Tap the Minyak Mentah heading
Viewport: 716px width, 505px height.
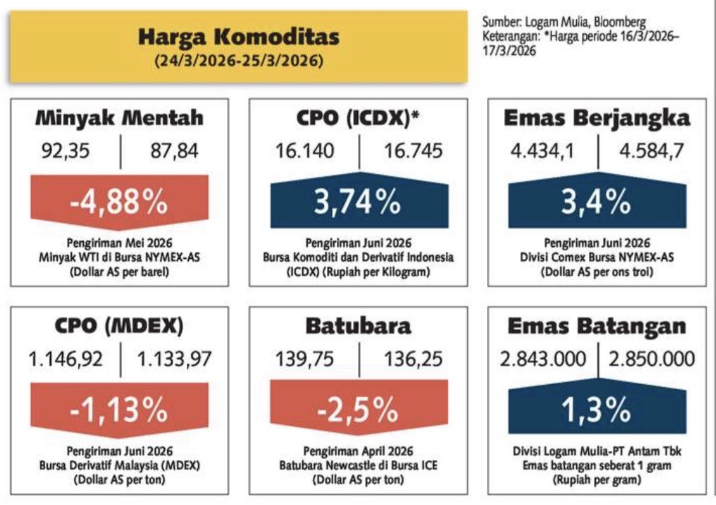pyautogui.click(x=120, y=118)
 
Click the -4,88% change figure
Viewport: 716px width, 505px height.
pyautogui.click(x=120, y=202)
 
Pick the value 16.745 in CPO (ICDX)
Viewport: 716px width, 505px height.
pyautogui.click(x=413, y=151)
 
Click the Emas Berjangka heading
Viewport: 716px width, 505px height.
pyautogui.click(x=597, y=118)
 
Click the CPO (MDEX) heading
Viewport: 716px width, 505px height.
pyautogui.click(x=120, y=326)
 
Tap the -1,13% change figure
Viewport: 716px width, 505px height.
pyautogui.click(x=120, y=411)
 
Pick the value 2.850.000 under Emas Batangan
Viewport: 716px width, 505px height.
pyautogui.click(x=652, y=360)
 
